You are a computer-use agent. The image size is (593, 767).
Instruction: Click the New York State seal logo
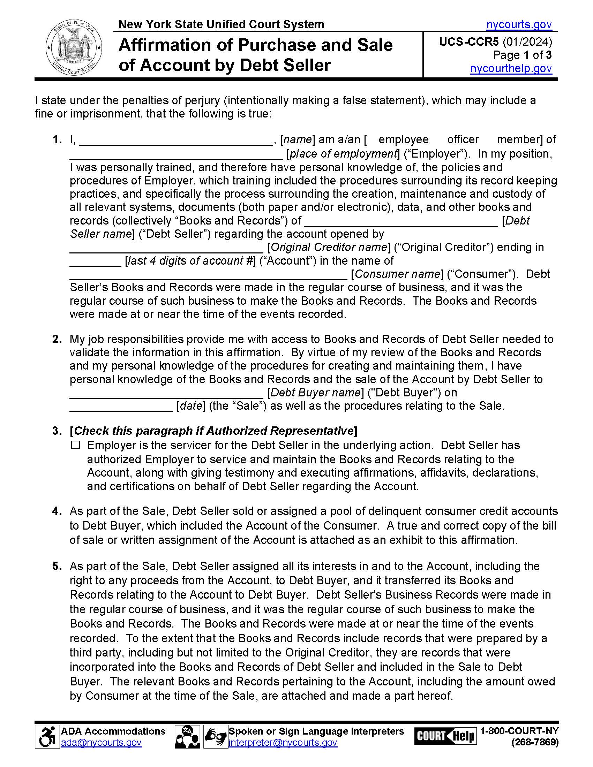point(74,48)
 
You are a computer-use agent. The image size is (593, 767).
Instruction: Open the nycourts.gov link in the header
point(519,25)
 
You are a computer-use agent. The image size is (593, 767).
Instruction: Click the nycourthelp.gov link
point(511,68)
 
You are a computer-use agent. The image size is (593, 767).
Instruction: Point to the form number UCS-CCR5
point(468,42)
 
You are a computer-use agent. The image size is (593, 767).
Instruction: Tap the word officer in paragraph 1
point(463,139)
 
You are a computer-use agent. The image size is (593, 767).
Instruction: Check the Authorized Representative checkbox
point(76,445)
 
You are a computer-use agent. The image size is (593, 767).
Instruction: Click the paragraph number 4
point(57,511)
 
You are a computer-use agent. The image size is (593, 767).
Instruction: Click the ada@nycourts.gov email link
point(101,742)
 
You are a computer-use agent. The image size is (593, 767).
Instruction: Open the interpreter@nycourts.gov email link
point(283,742)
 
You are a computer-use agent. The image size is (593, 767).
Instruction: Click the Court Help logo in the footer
point(445,736)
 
